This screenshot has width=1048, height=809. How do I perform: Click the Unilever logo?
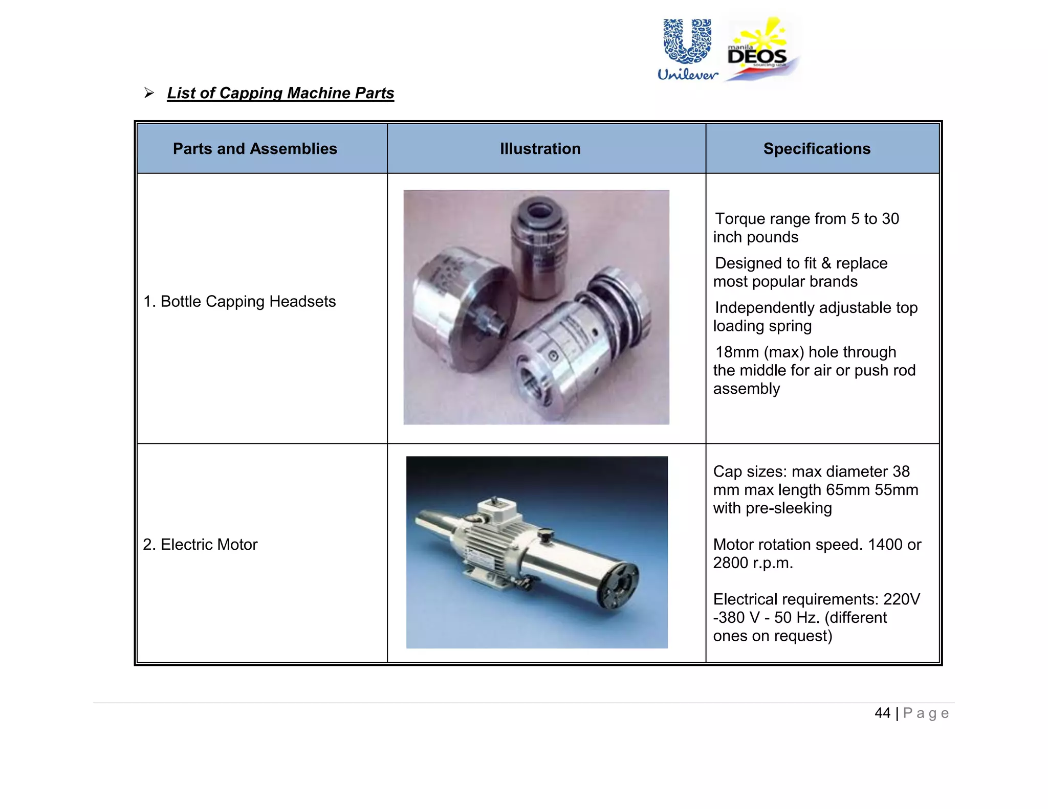pyautogui.click(x=687, y=50)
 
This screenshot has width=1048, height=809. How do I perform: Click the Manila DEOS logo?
pyautogui.click(x=761, y=50)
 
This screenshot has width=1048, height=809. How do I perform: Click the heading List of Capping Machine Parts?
pyautogui.click(x=280, y=93)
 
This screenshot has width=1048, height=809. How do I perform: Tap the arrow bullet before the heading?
pyautogui.click(x=149, y=93)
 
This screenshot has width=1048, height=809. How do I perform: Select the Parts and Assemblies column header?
pyautogui.click(x=255, y=149)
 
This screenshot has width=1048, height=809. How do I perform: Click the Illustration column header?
pyautogui.click(x=540, y=149)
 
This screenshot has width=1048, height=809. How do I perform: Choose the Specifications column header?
pyautogui.click(x=817, y=149)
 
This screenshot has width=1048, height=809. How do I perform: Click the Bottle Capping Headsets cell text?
pyautogui.click(x=239, y=302)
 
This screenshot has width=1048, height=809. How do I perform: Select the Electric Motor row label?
pyautogui.click(x=200, y=545)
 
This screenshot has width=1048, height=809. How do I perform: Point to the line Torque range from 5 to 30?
pyautogui.click(x=806, y=219)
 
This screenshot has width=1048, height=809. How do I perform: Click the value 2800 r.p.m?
pyautogui.click(x=753, y=563)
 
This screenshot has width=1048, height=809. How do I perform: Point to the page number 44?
pyautogui.click(x=882, y=713)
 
